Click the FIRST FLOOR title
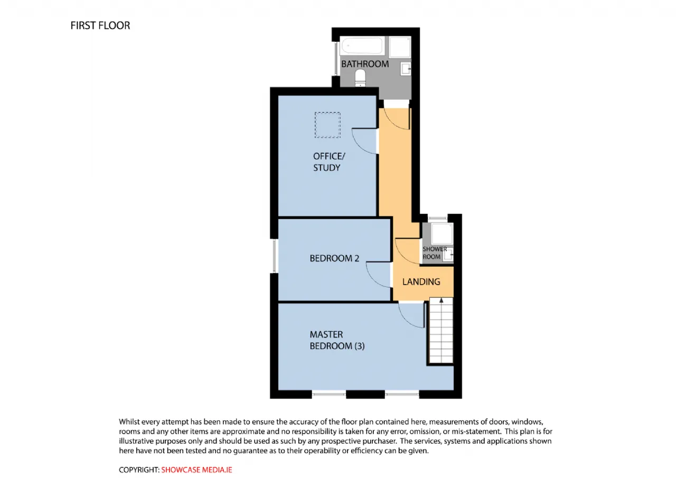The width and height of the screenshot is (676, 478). [x=100, y=26]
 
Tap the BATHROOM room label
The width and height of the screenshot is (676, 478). [x=365, y=64]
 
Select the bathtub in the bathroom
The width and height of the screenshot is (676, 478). [x=362, y=46]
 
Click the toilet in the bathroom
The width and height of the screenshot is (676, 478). [x=360, y=78]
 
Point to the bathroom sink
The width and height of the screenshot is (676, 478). [x=405, y=69]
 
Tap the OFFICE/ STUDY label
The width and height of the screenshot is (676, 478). [x=329, y=162]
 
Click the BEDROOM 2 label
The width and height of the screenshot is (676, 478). [x=334, y=258]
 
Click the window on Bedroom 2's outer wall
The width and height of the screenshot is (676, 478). [x=274, y=256]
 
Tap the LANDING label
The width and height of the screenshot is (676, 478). [x=421, y=282]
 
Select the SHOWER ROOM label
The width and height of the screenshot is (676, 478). [x=435, y=253]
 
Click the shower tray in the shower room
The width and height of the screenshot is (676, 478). [x=442, y=233]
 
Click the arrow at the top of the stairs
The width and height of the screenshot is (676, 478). [x=441, y=301]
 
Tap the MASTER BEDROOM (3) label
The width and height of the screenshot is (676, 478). [x=337, y=340]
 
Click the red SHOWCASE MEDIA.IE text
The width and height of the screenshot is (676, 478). [x=196, y=470]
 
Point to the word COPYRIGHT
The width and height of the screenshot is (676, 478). [x=139, y=470]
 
